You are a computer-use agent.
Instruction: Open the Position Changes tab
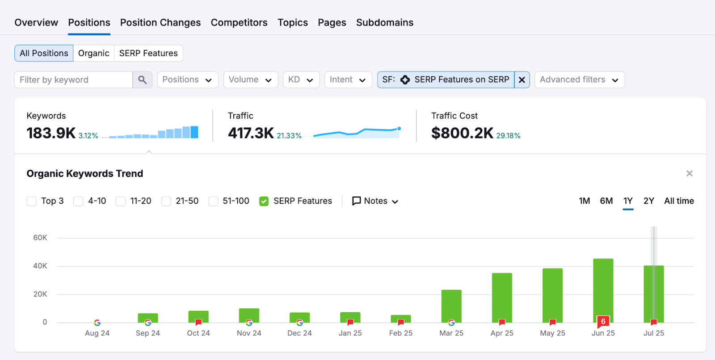(x=160, y=22)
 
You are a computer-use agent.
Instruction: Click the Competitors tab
(x=239, y=22)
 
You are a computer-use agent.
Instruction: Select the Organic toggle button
(x=93, y=53)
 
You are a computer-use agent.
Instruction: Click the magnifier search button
(x=143, y=80)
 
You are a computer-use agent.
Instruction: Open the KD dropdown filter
(x=301, y=80)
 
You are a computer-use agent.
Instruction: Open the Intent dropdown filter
(x=348, y=80)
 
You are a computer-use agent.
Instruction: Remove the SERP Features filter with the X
(x=522, y=80)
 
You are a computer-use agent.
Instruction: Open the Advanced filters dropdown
(x=579, y=80)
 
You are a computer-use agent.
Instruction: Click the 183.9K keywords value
(x=51, y=133)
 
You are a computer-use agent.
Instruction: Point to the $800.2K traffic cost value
(x=462, y=133)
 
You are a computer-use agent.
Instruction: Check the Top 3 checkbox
(x=32, y=201)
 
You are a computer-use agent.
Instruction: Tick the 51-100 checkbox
(x=213, y=201)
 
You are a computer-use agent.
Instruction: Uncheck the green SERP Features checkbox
(x=264, y=201)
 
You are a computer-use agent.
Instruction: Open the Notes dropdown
(x=375, y=201)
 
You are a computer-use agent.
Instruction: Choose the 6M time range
(x=606, y=201)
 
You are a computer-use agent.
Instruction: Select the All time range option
(x=679, y=201)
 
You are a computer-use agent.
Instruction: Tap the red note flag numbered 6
(x=603, y=321)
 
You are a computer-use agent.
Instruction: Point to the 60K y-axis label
(x=40, y=238)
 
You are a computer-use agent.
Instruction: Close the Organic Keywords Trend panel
(x=690, y=173)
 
